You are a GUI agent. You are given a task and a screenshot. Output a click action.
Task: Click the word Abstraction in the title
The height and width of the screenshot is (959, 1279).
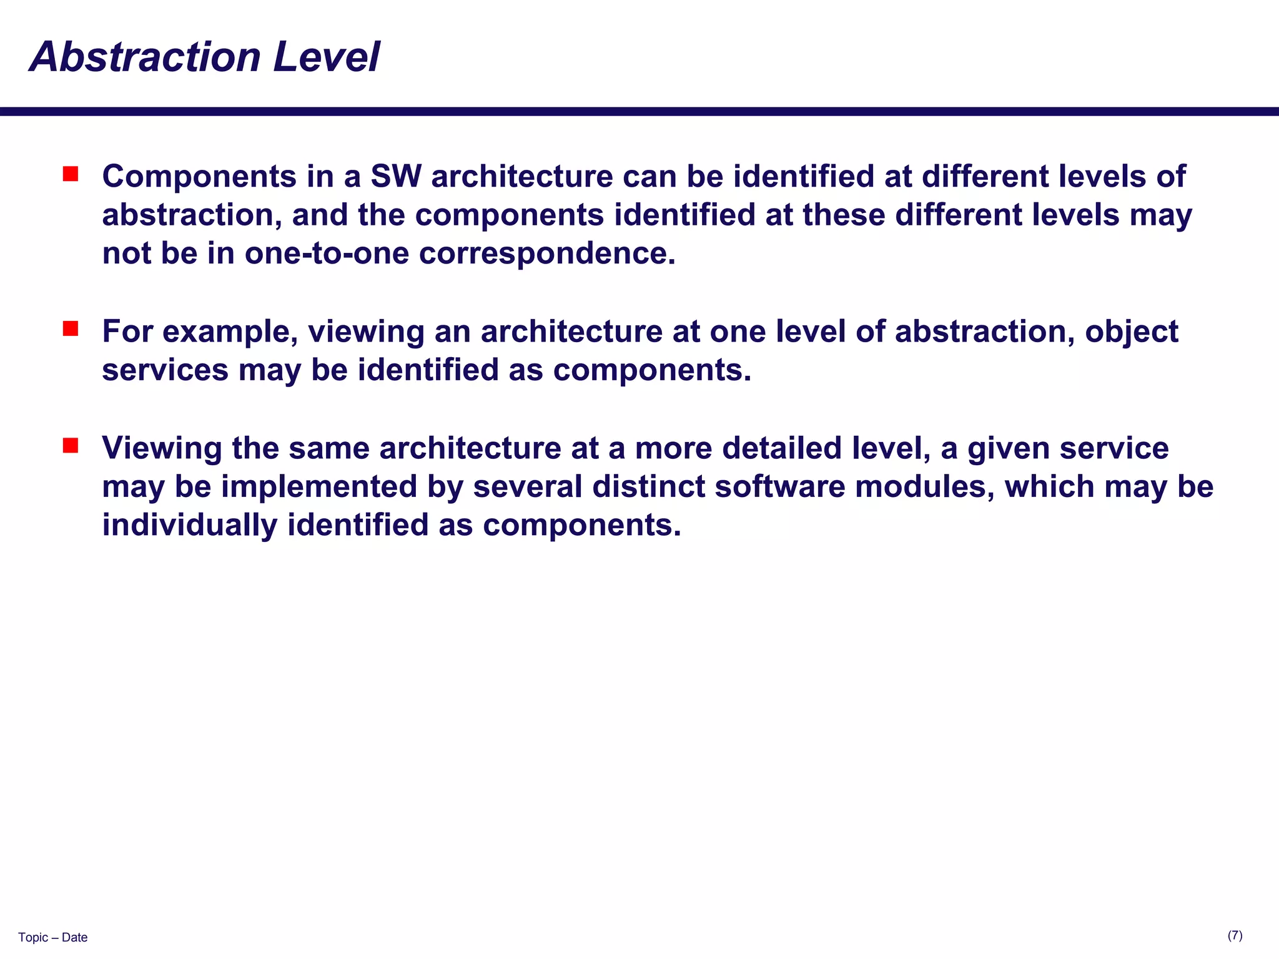click(x=144, y=57)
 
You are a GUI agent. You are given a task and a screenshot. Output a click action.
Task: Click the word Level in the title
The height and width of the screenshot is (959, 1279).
click(x=325, y=57)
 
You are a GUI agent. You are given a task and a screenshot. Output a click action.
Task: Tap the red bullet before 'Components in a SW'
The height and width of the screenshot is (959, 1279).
click(x=71, y=174)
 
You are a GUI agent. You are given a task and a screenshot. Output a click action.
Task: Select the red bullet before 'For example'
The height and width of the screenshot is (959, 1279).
click(x=71, y=328)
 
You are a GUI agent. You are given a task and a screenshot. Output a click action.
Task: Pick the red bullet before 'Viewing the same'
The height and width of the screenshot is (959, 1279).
click(x=71, y=445)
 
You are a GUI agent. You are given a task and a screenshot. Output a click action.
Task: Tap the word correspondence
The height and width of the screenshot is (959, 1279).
click(x=546, y=253)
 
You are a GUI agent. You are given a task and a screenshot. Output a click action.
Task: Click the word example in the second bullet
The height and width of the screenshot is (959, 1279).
click(x=229, y=332)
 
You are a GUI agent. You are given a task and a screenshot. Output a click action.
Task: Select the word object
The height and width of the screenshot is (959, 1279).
click(x=1131, y=332)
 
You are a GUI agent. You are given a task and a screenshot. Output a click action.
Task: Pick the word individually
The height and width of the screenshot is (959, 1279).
click(x=189, y=525)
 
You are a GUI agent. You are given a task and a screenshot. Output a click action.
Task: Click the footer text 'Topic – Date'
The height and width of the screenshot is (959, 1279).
click(x=52, y=937)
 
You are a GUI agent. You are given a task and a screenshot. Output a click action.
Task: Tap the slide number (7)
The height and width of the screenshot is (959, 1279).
click(x=1235, y=935)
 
